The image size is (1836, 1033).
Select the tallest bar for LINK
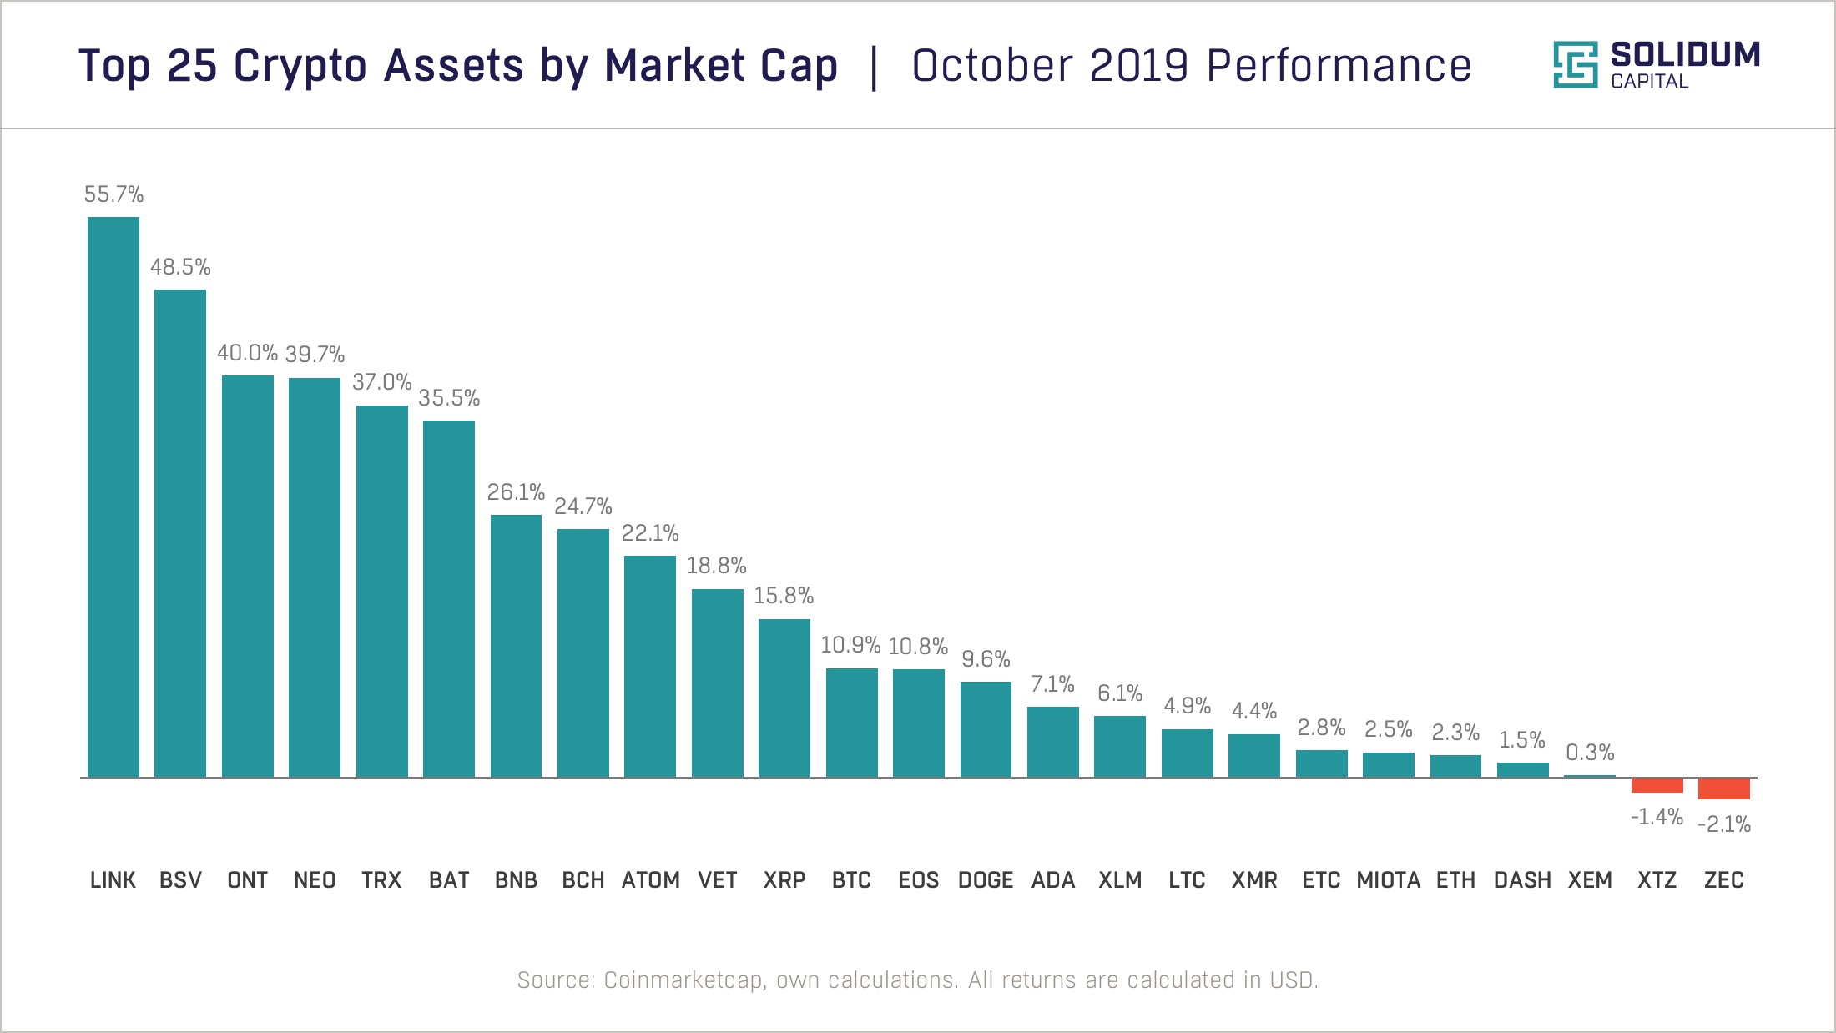113,496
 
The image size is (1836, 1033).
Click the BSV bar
180,534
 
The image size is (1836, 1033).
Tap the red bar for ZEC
1723,789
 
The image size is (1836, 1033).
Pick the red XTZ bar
1657,785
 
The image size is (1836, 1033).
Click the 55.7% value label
113,194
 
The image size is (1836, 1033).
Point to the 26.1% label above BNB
516,492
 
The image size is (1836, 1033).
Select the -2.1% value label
1724,824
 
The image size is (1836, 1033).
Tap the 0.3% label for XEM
1590,753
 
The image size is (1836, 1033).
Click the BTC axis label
851,880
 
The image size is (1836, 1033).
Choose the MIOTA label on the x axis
1388,880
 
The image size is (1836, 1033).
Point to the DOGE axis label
986,880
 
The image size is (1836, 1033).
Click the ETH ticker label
1455,880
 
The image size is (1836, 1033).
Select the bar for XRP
784,698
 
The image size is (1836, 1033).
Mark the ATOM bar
650,666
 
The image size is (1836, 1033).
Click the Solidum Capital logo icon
1575,65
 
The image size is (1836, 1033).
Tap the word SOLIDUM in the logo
1685,55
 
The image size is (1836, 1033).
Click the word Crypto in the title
300,66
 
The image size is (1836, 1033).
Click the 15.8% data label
784,596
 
